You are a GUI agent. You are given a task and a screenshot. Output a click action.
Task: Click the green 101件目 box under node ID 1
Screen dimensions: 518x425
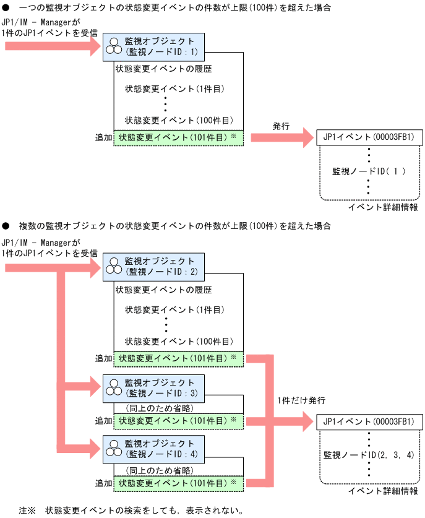coord(178,137)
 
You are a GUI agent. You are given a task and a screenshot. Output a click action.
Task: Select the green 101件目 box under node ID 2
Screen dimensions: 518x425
coord(178,358)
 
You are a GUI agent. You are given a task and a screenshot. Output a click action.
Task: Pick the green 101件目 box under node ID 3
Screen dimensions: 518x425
coord(178,421)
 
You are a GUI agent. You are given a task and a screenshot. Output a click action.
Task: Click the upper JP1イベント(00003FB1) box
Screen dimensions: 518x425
coord(369,137)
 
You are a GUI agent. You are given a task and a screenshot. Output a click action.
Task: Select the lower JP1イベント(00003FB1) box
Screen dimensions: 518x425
coord(369,421)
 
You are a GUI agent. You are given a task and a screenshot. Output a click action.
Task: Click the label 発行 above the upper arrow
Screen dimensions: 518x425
coord(281,126)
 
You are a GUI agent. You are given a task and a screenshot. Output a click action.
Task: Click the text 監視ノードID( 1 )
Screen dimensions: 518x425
coord(369,171)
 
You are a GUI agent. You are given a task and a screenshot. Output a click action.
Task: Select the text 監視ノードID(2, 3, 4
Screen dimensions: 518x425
coord(369,455)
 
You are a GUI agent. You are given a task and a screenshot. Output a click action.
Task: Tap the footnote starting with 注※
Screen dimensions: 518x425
coord(130,511)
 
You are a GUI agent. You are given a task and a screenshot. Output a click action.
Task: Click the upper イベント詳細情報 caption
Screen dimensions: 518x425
coord(382,207)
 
